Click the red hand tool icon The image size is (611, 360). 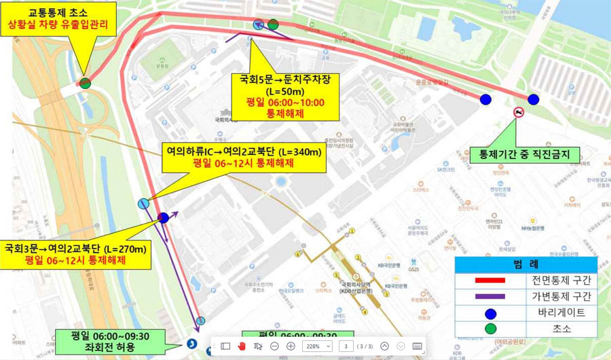pyautogui.click(x=242, y=346)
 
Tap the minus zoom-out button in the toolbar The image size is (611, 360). pyautogui.click(x=274, y=346)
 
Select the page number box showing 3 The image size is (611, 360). pyautogui.click(x=346, y=346)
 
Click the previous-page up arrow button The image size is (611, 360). pyautogui.click(x=385, y=346)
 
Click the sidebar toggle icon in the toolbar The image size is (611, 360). pyautogui.click(x=225, y=346)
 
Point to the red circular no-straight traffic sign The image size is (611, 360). pyautogui.click(x=518, y=113)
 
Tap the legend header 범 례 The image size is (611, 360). pyautogui.click(x=526, y=264)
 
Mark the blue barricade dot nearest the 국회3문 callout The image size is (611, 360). pyautogui.click(x=163, y=218)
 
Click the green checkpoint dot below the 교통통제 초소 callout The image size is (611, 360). pyautogui.click(x=85, y=84)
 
